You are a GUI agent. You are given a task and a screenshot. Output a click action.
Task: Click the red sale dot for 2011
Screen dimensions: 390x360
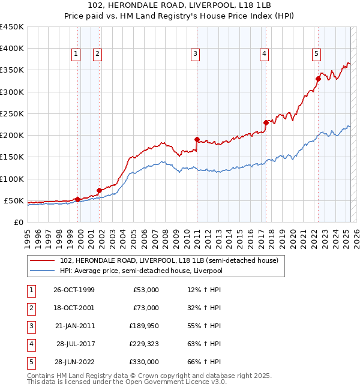(x=196, y=139)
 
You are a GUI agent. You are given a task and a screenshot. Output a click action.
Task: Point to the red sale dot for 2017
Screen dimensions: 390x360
(x=265, y=122)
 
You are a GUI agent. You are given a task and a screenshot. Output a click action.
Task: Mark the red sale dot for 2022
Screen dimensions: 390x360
(x=318, y=79)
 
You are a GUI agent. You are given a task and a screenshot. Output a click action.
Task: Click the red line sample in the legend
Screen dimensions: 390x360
(x=42, y=261)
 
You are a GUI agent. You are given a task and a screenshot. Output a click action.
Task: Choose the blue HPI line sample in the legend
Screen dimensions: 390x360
(x=42, y=271)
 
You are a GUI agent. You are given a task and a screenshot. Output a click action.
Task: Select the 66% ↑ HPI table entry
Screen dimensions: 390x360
(x=205, y=362)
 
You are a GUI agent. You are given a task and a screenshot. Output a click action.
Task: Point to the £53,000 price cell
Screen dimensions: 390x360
(x=146, y=290)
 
